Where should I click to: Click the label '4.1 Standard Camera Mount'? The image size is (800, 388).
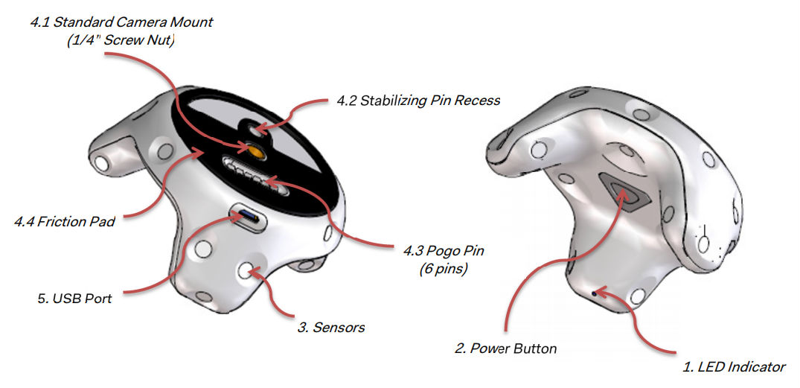point(121,23)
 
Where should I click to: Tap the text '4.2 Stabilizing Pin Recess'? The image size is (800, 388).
point(417,101)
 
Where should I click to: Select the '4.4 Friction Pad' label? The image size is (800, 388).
point(64,222)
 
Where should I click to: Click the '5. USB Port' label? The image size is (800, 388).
point(74,299)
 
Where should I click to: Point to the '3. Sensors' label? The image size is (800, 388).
point(331,327)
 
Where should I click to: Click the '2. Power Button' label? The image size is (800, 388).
point(505,349)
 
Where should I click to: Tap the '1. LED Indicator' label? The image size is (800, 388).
point(734,366)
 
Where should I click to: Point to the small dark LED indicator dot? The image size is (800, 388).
point(595,293)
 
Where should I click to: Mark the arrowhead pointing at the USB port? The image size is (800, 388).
point(237,216)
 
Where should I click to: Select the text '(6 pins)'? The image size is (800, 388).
point(443,270)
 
